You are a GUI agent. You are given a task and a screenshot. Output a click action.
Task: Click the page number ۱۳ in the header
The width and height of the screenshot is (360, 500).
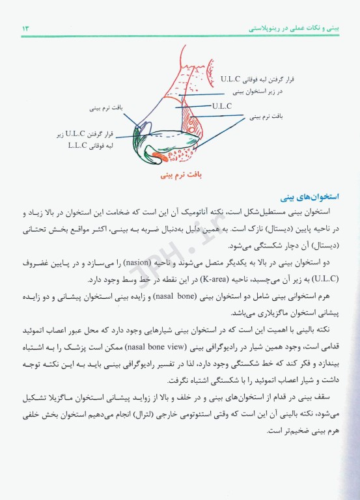[x=25, y=29]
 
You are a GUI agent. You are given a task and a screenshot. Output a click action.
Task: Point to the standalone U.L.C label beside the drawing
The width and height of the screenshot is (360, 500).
[x=223, y=104]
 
